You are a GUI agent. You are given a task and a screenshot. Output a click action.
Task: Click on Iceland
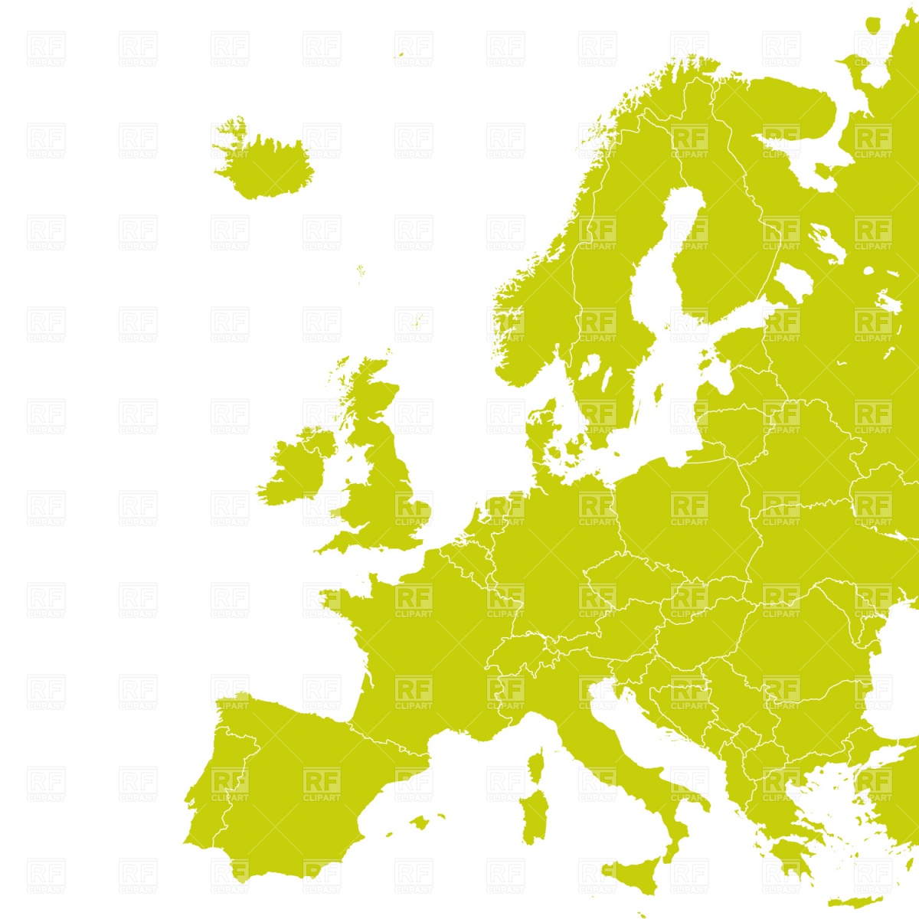[264, 165]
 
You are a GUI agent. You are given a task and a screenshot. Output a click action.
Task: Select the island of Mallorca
[419, 823]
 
